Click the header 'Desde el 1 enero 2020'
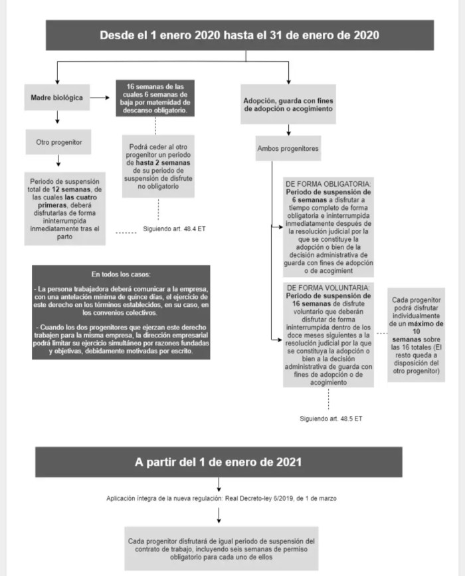(239, 35)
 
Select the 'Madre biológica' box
(57, 98)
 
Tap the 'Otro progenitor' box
(58, 142)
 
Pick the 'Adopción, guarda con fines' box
(288, 104)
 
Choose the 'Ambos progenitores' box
(288, 147)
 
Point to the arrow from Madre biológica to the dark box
(100, 98)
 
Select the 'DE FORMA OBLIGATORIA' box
(328, 226)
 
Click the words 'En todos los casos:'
(121, 274)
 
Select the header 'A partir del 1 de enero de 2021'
(219, 461)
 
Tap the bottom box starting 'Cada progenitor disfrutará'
(219, 549)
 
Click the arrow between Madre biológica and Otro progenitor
(58, 118)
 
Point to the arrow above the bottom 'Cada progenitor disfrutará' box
(219, 515)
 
